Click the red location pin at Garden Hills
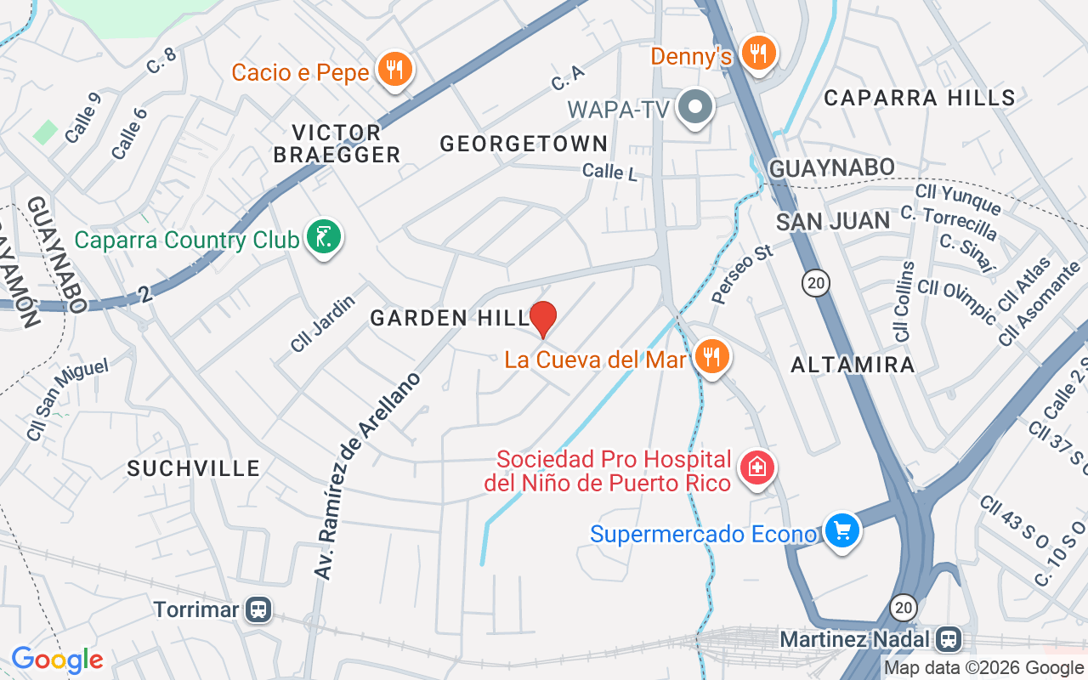[x=543, y=318]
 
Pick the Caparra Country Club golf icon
[x=324, y=237]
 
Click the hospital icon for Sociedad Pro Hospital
[x=756, y=467]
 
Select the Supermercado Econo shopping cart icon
[x=841, y=531]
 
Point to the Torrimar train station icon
[x=258, y=609]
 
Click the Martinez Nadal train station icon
[x=948, y=637]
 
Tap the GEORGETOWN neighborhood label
[x=524, y=144]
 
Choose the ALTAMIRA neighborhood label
[x=853, y=365]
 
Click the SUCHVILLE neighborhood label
[x=193, y=468]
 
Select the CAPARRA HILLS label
[x=920, y=98]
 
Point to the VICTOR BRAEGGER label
[x=345, y=144]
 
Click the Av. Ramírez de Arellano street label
[x=367, y=476]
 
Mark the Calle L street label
[x=609, y=172]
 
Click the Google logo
[x=57, y=659]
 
